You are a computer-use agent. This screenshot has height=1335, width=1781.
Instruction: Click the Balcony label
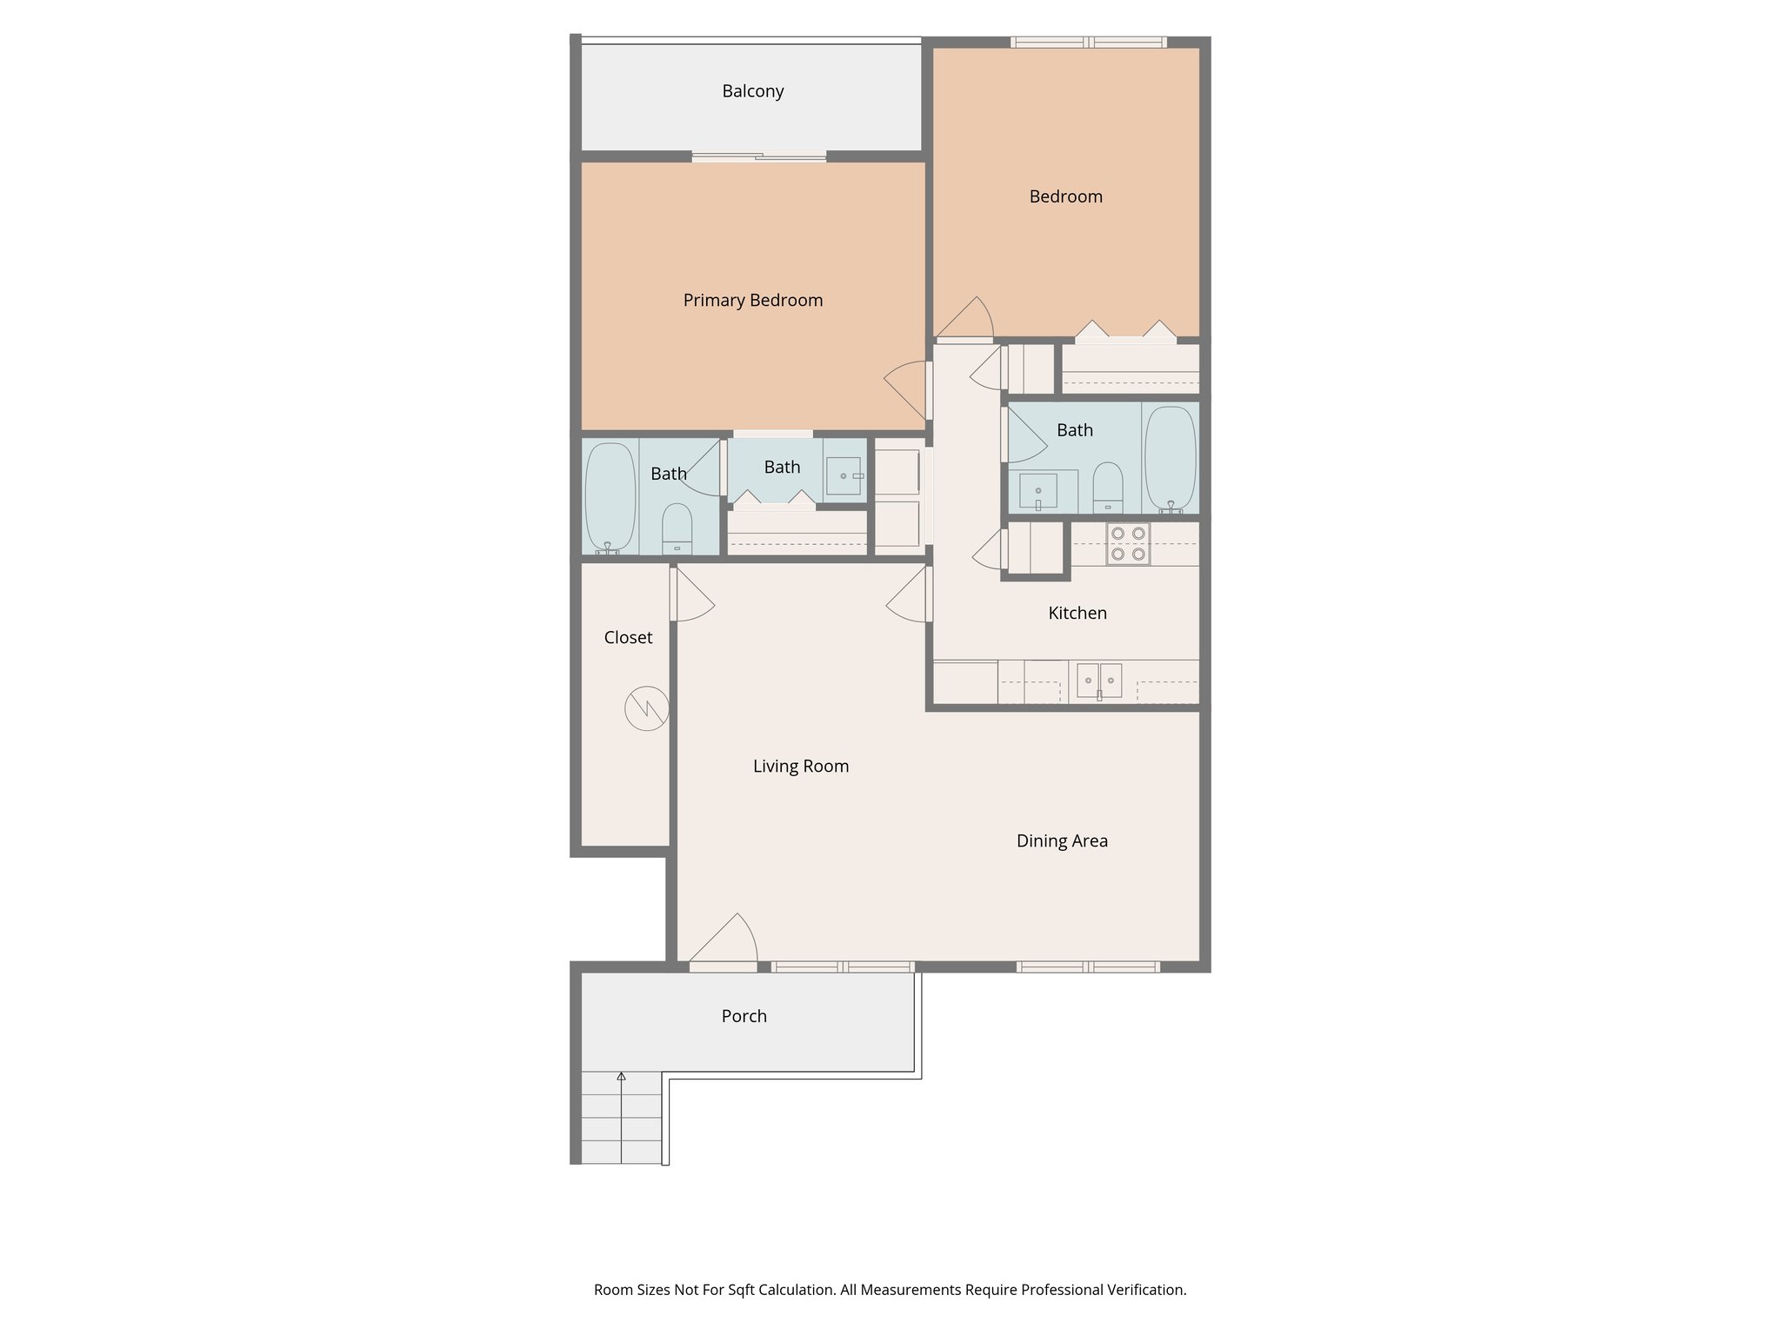752,91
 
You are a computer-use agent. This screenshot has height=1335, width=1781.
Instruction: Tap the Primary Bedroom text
752,301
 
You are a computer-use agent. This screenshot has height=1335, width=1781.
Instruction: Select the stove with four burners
1128,543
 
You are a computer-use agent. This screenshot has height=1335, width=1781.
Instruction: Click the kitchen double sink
1099,680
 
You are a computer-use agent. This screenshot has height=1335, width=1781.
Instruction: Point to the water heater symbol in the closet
647,708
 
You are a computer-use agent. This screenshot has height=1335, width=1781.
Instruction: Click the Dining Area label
1062,841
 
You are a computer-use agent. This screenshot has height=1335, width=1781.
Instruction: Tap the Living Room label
800,767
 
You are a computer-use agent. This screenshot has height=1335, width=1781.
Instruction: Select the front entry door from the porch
724,965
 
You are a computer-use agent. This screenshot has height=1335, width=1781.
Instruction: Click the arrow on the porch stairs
621,1078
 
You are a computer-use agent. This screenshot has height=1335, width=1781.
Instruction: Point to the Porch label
744,1016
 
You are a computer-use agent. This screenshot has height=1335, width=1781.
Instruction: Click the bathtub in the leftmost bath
610,497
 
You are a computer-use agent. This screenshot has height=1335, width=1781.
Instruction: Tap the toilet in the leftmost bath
677,528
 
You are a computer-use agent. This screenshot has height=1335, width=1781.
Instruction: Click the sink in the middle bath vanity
843,476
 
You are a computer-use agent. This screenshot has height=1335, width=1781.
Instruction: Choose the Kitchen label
1077,614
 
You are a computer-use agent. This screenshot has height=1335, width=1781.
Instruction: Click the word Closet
628,638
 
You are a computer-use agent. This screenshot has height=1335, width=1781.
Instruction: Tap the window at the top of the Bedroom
1088,42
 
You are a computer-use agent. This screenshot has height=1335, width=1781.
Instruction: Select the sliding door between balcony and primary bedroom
758,157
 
